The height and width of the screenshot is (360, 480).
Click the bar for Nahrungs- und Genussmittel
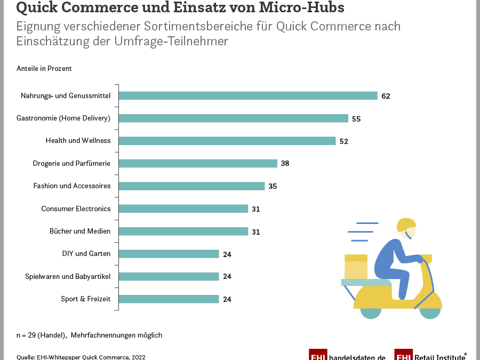point(248,96)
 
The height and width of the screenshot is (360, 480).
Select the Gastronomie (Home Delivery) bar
point(233,118)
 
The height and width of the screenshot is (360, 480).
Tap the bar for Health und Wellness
point(227,141)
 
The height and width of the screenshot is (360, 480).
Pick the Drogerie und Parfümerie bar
point(198,163)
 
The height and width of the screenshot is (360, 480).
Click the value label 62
point(386,97)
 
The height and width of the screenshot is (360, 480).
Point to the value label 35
point(273,187)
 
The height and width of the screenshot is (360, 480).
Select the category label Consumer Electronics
point(76,209)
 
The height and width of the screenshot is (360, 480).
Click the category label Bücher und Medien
point(80,231)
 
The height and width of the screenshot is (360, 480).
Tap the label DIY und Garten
point(86,254)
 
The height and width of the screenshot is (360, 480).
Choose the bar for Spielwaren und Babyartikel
point(169,276)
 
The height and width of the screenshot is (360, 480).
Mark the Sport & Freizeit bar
point(169,299)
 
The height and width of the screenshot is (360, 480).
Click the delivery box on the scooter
point(356,267)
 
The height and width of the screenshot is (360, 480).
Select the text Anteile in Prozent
point(44,69)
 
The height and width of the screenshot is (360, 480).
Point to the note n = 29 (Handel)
point(42,335)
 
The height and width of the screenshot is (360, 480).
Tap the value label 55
point(356,119)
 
